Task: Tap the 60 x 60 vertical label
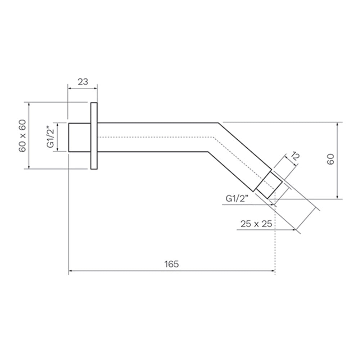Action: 22,135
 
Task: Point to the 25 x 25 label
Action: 256,224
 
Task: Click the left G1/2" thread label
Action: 50,137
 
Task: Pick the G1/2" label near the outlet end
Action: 237,199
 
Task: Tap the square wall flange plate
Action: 94,136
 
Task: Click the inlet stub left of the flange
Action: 79,137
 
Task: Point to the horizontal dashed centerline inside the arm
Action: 155,137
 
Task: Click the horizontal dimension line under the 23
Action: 83,88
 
